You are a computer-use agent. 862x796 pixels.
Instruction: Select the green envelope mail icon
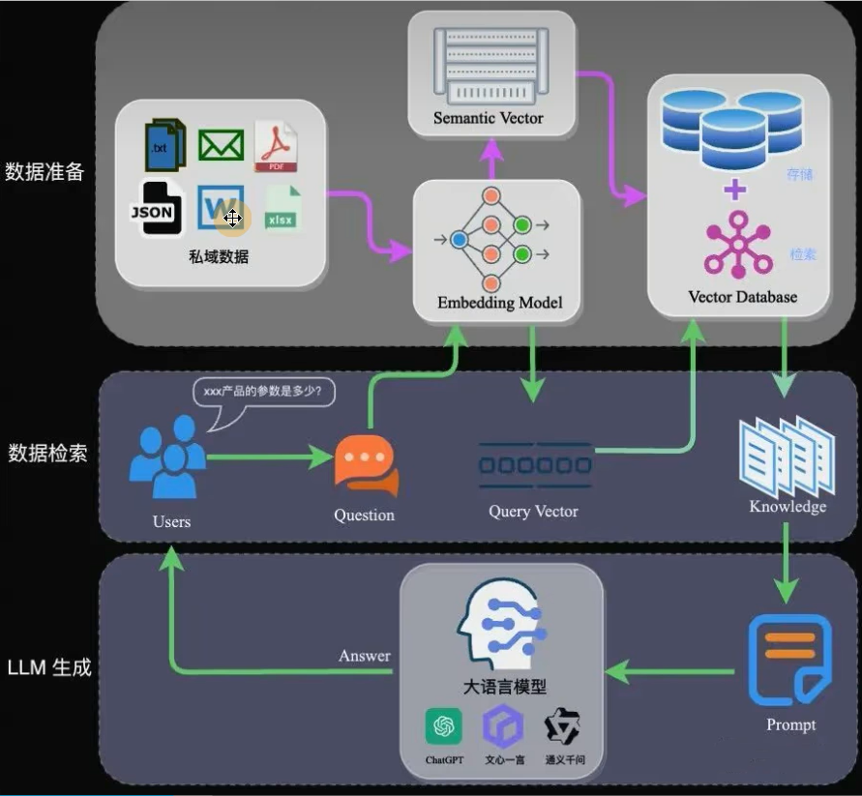coord(221,145)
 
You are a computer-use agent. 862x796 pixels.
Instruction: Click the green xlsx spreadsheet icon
coord(281,210)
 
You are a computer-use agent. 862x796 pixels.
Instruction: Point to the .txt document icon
coord(163,146)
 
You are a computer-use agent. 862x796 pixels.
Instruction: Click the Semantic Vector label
coord(489,119)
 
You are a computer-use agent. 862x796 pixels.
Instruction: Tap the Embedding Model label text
coord(499,303)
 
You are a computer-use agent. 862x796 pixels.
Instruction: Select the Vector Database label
coord(742,296)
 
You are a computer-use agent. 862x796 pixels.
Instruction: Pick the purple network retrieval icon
coord(738,244)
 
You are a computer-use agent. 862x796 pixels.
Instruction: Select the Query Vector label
coord(533,511)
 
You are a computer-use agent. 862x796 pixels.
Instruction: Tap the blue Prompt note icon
coord(789,662)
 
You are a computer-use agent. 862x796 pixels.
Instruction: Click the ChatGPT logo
coord(445,726)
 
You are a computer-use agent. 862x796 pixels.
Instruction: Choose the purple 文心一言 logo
coord(504,726)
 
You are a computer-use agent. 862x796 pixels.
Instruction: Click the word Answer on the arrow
coord(365,656)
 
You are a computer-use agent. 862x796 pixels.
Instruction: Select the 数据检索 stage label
coord(47,453)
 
